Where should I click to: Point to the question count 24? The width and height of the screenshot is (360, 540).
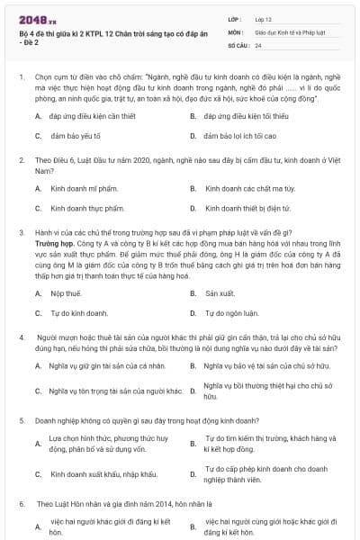click(258, 44)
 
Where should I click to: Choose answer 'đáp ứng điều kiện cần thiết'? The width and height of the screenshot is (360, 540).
click(86, 117)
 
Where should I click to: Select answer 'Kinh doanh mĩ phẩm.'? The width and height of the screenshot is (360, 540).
click(85, 189)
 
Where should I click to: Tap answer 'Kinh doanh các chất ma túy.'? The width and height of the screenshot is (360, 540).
click(250, 189)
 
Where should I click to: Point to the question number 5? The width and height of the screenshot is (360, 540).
click(21, 420)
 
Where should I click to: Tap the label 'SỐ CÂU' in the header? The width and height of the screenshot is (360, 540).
click(238, 44)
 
